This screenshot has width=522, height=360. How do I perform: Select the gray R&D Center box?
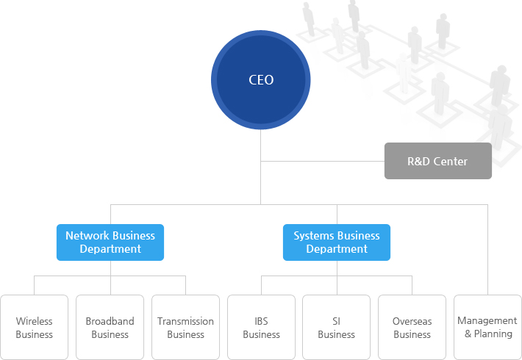click(437, 161)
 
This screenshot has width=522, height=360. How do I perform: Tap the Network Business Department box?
click(110, 242)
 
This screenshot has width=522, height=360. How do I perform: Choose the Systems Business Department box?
click(337, 242)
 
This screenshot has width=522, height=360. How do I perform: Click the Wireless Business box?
click(35, 328)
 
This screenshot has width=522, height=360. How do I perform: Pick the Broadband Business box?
click(110, 328)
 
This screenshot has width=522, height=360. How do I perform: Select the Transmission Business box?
click(185, 328)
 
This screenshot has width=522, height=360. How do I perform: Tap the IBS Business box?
click(261, 328)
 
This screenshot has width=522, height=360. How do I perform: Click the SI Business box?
click(337, 328)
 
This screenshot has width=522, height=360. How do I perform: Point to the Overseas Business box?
click(412, 328)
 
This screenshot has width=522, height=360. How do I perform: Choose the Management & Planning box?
click(487, 328)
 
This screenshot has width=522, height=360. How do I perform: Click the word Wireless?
click(35, 321)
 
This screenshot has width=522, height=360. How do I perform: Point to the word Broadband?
click(110, 321)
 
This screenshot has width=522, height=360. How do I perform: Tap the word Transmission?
click(185, 321)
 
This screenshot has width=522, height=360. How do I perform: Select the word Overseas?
click(412, 321)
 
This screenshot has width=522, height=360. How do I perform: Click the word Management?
click(487, 320)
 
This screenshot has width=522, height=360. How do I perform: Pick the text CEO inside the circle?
click(261, 80)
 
